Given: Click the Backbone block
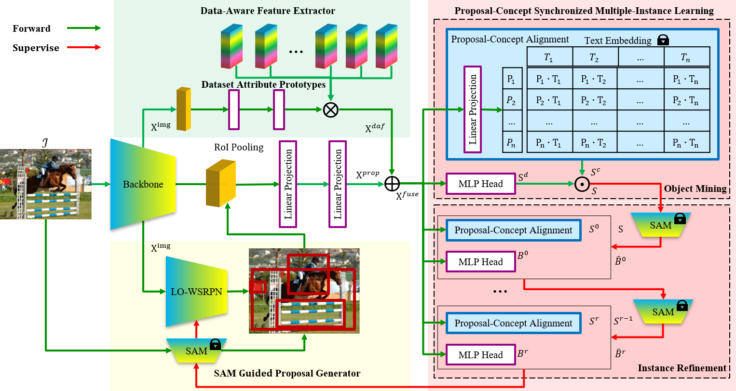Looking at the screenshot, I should pos(143,184).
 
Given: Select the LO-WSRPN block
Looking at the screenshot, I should pos(196,292).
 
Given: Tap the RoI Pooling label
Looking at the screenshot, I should pos(239,147).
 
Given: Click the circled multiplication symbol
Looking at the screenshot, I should pos(330,110).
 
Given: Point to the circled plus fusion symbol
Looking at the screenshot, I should pos(392,183).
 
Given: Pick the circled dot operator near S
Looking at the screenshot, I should pos(582,184).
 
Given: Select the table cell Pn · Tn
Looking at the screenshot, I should pos(685,143).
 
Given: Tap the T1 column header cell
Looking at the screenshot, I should pos(549,57).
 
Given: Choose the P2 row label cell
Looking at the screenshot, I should pos(511,101).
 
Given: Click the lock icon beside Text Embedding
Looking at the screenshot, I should pos(663,40).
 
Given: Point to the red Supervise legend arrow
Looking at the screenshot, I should pos(84,47).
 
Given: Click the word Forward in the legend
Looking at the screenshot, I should pos(31,28).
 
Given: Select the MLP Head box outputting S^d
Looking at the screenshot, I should pos(480,184).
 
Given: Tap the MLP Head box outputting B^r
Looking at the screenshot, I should pos(480,355).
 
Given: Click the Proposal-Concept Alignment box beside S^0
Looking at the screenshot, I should pos(513,230).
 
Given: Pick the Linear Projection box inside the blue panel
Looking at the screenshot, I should pos(473,109).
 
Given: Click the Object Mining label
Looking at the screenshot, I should pos(695,189).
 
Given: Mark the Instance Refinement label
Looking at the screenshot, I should pos(681,368).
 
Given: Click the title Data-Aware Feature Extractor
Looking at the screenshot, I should pos(268,11).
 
